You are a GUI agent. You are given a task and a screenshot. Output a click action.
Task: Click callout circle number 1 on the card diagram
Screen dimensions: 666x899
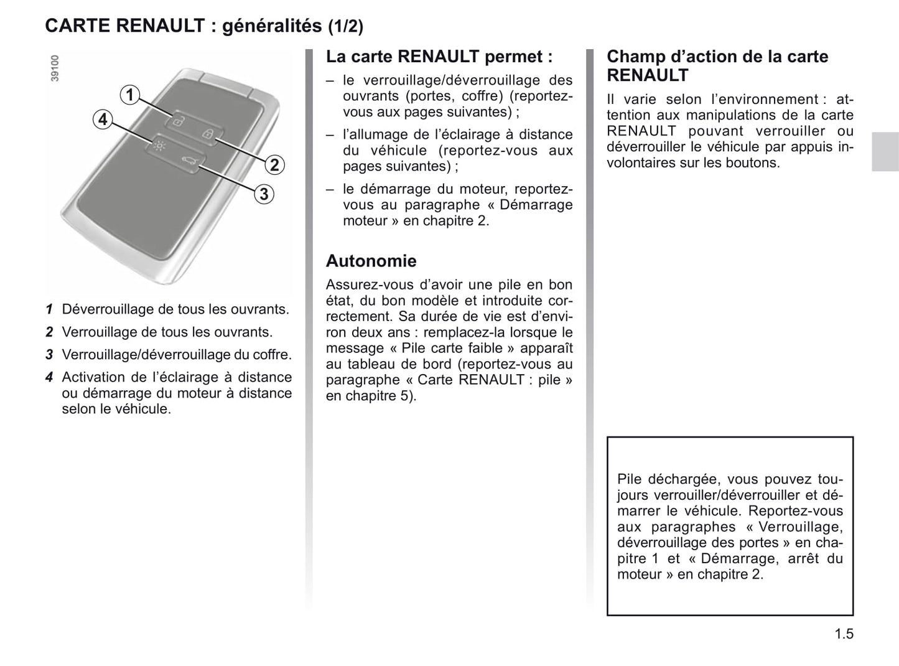pos(129,95)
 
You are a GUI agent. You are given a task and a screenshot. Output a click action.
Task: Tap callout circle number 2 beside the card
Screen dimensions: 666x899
pos(274,165)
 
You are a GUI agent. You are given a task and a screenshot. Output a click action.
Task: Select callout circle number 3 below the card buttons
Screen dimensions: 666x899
pos(264,194)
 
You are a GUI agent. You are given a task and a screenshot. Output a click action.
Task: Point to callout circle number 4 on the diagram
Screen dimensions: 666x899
pos(103,119)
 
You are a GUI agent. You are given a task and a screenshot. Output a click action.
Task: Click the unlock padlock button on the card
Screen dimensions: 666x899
pos(177,121)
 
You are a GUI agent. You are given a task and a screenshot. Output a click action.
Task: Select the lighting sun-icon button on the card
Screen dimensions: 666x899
pos(161,147)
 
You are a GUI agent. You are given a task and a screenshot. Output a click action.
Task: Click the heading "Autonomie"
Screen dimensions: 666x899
pos(371,261)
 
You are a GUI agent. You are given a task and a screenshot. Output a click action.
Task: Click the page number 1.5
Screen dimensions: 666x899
pos(844,634)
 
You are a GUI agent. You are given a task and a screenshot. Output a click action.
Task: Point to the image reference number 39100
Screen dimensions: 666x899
pos(55,68)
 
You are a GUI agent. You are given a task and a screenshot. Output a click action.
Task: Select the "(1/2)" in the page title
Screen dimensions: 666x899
pos(345,26)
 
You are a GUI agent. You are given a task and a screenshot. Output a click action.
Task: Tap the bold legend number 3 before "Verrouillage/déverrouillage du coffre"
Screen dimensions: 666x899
pos(49,355)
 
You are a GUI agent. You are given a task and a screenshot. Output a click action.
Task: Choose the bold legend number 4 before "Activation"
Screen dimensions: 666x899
pos(49,377)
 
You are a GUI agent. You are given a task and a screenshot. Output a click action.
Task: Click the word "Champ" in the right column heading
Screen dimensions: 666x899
pos(634,57)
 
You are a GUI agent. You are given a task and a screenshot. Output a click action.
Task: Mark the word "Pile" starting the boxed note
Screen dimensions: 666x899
pos(630,479)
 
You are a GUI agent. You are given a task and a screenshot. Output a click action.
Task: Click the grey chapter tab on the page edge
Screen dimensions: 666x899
pos(885,151)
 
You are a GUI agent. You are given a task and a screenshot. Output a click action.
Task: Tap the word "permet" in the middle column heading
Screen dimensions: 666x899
pos(514,57)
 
